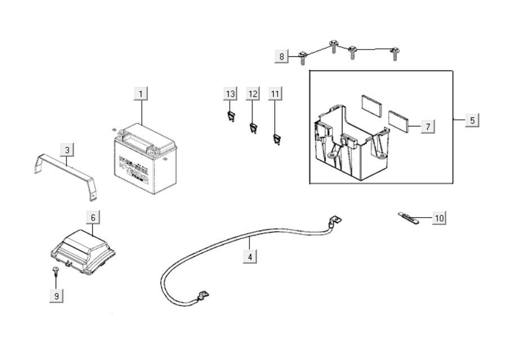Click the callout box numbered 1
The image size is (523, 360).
[x=141, y=93]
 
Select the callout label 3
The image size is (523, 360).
[x=67, y=150]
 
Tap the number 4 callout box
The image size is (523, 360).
[x=250, y=256]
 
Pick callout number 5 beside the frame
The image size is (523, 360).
[x=472, y=120]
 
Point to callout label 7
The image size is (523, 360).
[x=427, y=127]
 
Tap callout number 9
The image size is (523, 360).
[x=56, y=295]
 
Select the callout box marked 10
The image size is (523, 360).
[x=439, y=218]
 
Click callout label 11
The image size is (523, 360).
[x=275, y=93]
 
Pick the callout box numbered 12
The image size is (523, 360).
[x=253, y=93]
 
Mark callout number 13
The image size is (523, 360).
[x=230, y=93]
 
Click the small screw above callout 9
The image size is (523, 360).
[x=56, y=272]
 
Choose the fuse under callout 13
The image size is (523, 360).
[x=230, y=116]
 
